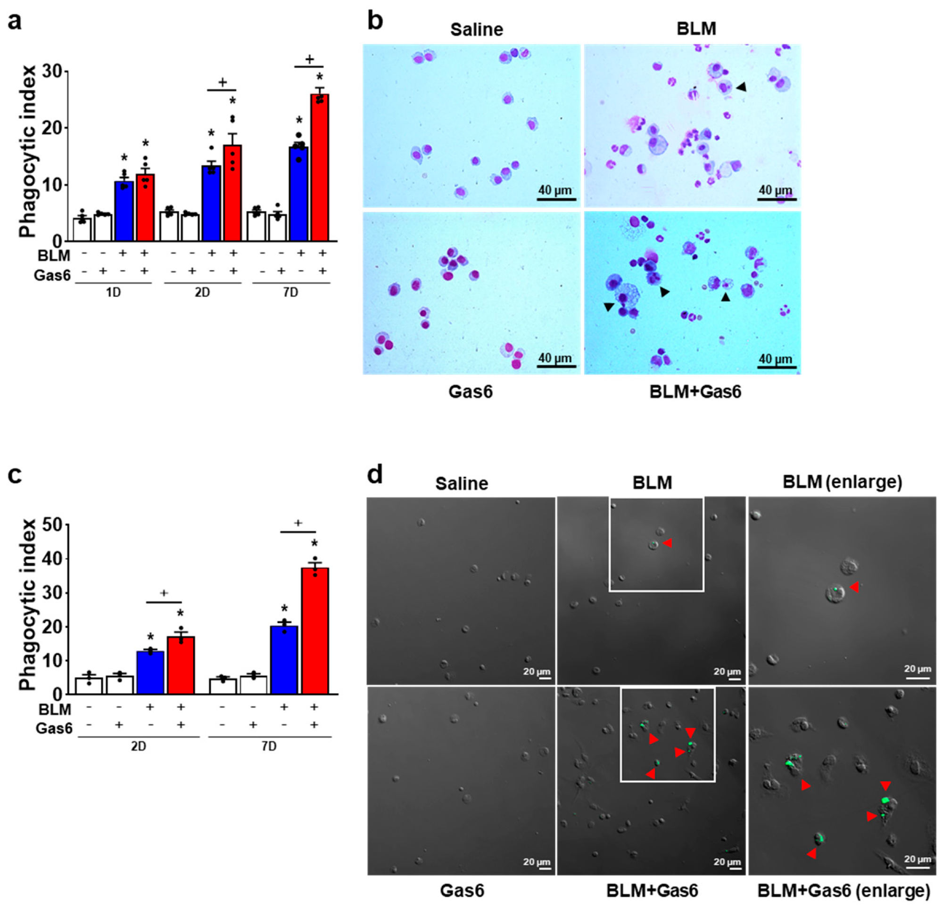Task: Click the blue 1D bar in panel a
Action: (124, 212)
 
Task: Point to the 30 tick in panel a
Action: (53, 72)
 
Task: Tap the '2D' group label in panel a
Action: (202, 293)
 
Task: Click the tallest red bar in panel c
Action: (314, 631)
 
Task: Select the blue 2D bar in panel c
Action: (150, 672)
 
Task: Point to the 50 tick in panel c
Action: (53, 525)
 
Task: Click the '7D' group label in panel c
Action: (269, 746)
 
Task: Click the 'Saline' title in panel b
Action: (476, 30)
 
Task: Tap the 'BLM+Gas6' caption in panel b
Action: (695, 392)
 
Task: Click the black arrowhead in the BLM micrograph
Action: (741, 87)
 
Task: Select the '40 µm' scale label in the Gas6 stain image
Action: (555, 358)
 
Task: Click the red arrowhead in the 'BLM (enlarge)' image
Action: (854, 587)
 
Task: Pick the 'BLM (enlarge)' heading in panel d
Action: (842, 482)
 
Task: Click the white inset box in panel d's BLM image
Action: (656, 590)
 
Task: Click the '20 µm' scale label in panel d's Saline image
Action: (537, 671)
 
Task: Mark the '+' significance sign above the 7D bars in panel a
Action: (309, 60)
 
